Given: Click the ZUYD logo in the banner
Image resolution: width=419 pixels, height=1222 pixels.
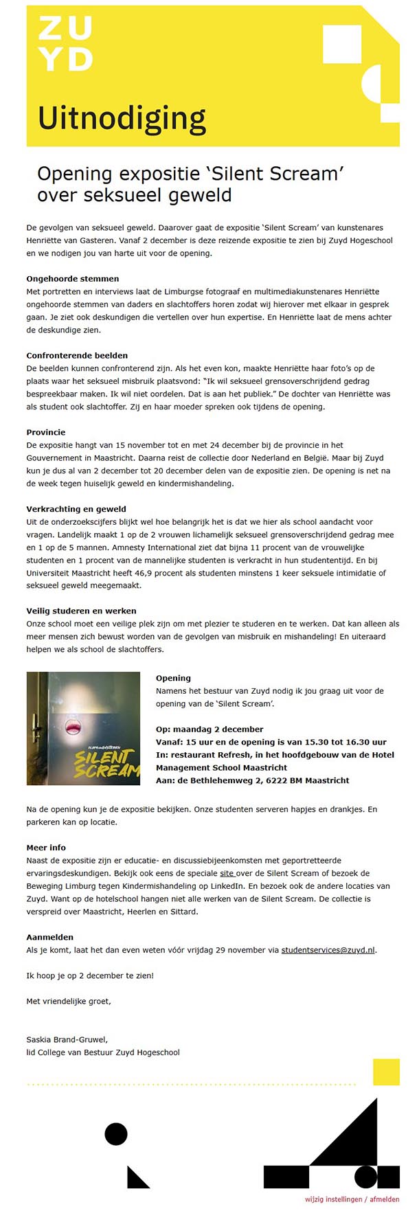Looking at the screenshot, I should pos(65,43).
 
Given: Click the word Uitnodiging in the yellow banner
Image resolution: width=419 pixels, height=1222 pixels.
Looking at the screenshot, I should pos(122,118).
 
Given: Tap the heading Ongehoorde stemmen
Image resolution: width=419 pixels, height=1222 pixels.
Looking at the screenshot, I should pos(72,279).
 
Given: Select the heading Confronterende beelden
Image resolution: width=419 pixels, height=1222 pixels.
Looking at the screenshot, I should pos(77,356).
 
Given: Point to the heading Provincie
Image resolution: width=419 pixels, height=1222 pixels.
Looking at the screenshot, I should pos(46,433).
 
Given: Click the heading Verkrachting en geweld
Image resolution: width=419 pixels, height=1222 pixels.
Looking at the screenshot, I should pos(76,510).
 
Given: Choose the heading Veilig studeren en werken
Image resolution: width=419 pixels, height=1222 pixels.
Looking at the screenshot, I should pos(81,611).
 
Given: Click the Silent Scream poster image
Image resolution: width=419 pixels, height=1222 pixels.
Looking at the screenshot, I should pos(83,728).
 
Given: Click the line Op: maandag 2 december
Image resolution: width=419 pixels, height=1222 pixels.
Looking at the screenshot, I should pos(209,729).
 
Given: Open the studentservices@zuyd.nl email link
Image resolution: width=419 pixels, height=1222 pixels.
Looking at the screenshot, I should pos(328,951).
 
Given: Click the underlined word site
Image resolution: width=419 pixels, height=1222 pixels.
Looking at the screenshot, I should pos(227,874).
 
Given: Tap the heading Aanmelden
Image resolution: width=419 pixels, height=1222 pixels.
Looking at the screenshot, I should pos(49,938).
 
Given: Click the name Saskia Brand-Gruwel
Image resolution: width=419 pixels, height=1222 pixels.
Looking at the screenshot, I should pos(67,1040).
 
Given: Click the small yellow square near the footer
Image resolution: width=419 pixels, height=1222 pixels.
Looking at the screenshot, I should pos(386,1072).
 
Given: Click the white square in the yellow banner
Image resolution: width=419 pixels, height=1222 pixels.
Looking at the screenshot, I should pos(341,44).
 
